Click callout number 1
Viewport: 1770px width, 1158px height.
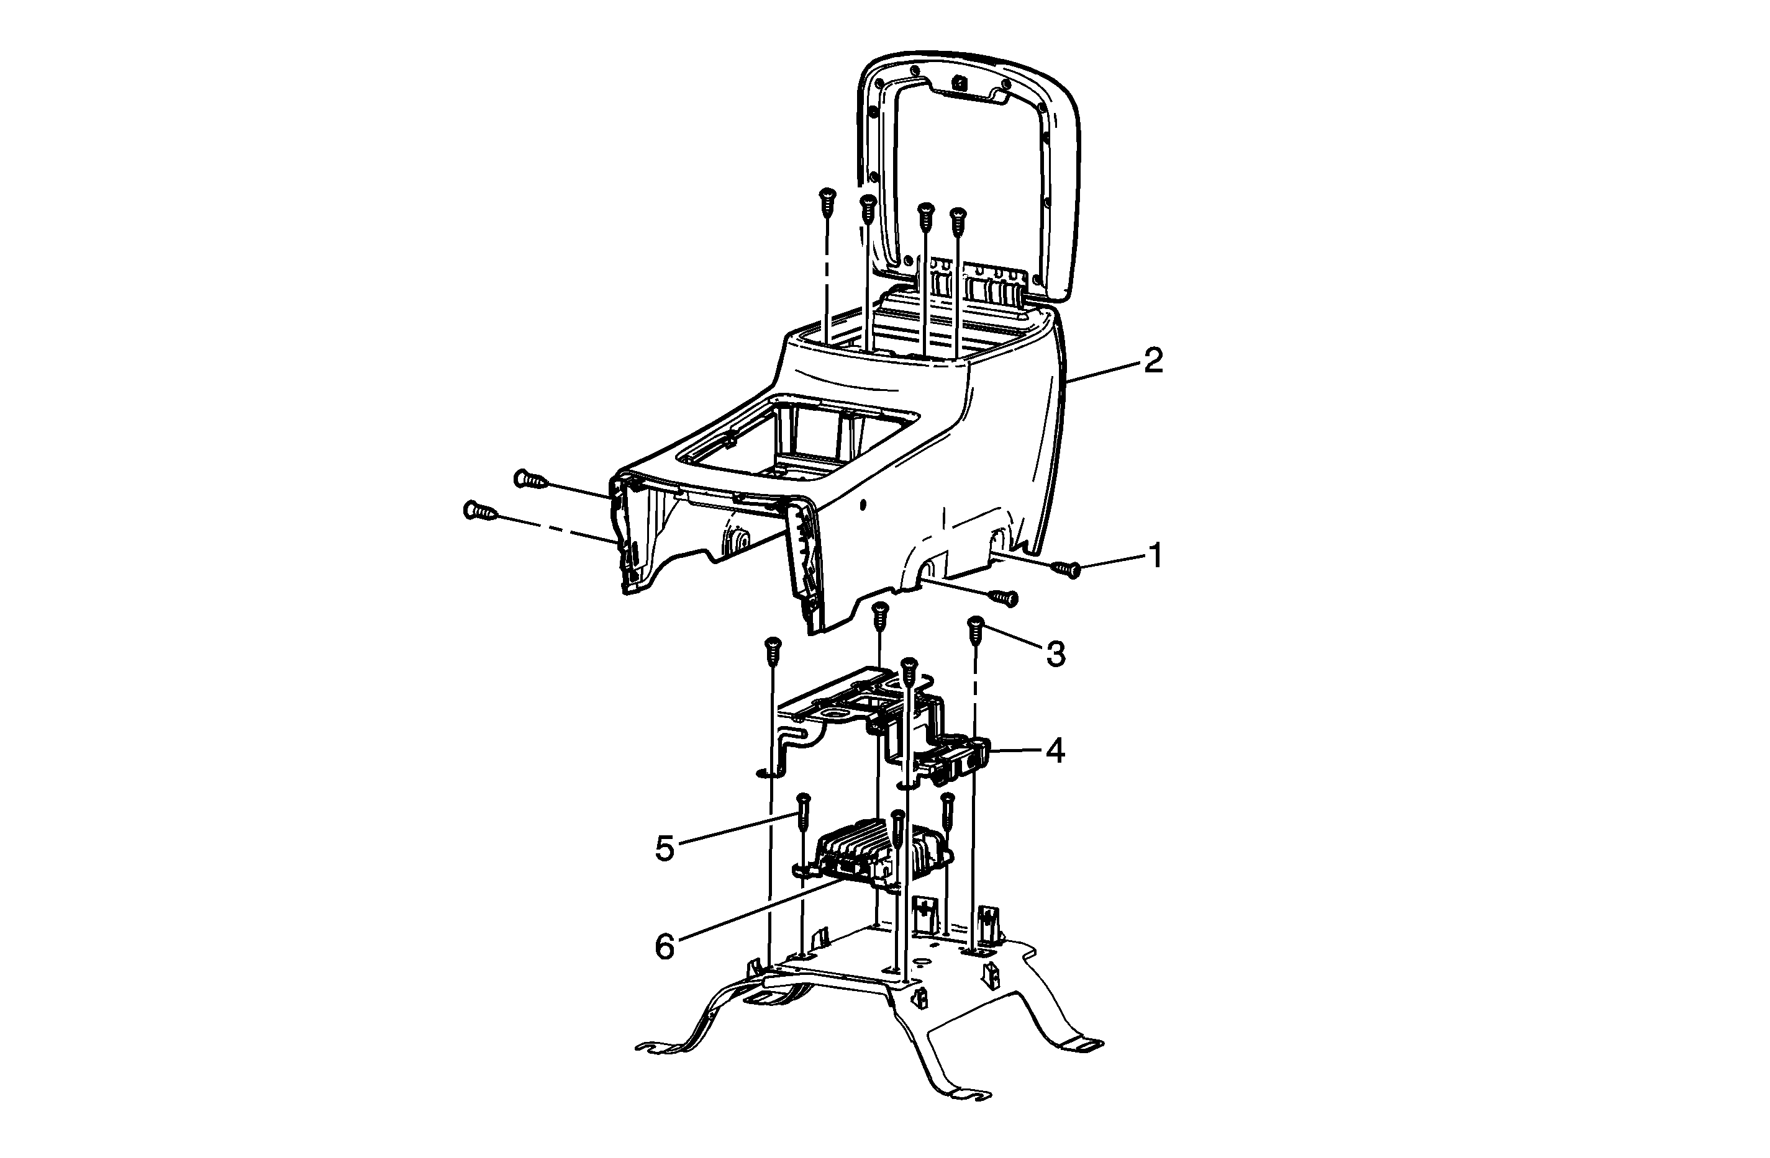click(x=1155, y=555)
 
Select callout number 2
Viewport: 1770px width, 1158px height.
click(x=1153, y=361)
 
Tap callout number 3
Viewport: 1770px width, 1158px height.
click(x=1055, y=654)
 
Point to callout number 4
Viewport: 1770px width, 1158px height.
click(x=1055, y=752)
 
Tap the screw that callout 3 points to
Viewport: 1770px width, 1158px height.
click(x=975, y=629)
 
